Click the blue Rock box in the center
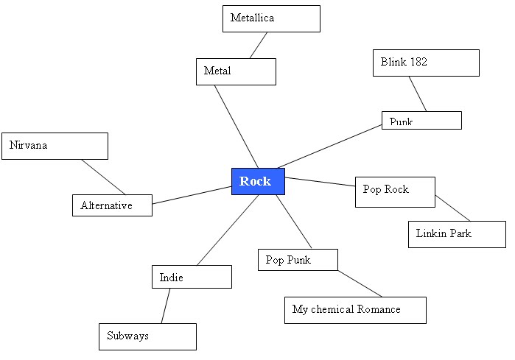click(x=258, y=181)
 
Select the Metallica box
click(x=271, y=18)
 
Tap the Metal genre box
click(x=236, y=71)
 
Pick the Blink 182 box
click(x=426, y=63)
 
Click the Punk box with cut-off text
click(x=421, y=120)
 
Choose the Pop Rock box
click(x=395, y=190)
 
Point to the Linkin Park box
click(x=457, y=234)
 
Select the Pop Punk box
click(x=298, y=260)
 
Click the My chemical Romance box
click(x=355, y=310)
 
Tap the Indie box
click(x=192, y=277)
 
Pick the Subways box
click(x=147, y=336)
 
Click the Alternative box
click(x=112, y=205)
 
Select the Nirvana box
click(x=55, y=146)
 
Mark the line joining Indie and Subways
click(x=166, y=306)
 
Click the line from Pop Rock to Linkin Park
click(x=452, y=208)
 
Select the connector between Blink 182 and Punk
click(x=418, y=93)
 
